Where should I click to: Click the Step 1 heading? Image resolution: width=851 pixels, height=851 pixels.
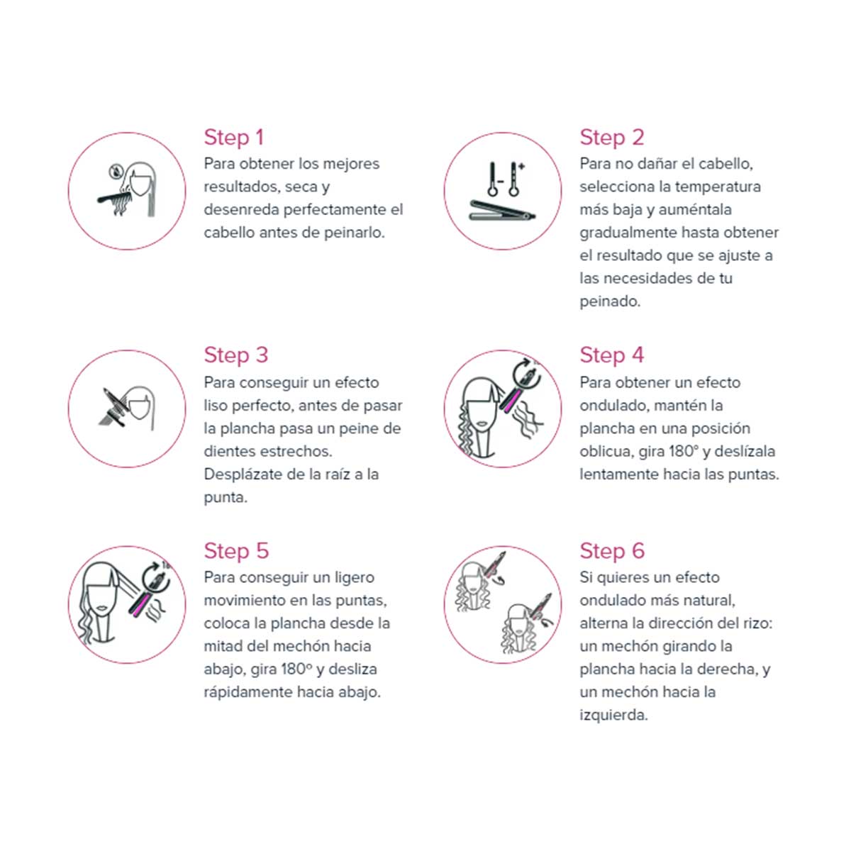(233, 137)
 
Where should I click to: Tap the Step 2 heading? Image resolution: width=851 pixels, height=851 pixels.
(611, 137)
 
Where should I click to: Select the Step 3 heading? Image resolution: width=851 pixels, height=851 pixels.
(236, 355)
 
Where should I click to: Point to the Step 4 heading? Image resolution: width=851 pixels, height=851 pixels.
(611, 355)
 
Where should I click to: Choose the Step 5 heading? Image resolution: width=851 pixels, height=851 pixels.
(236, 551)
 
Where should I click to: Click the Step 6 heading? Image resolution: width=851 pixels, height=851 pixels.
(612, 551)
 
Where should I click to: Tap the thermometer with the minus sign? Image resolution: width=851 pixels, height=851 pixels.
(494, 179)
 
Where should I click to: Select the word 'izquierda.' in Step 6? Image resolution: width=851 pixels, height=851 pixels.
(613, 715)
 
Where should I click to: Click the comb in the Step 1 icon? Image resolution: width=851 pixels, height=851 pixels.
(113, 196)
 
